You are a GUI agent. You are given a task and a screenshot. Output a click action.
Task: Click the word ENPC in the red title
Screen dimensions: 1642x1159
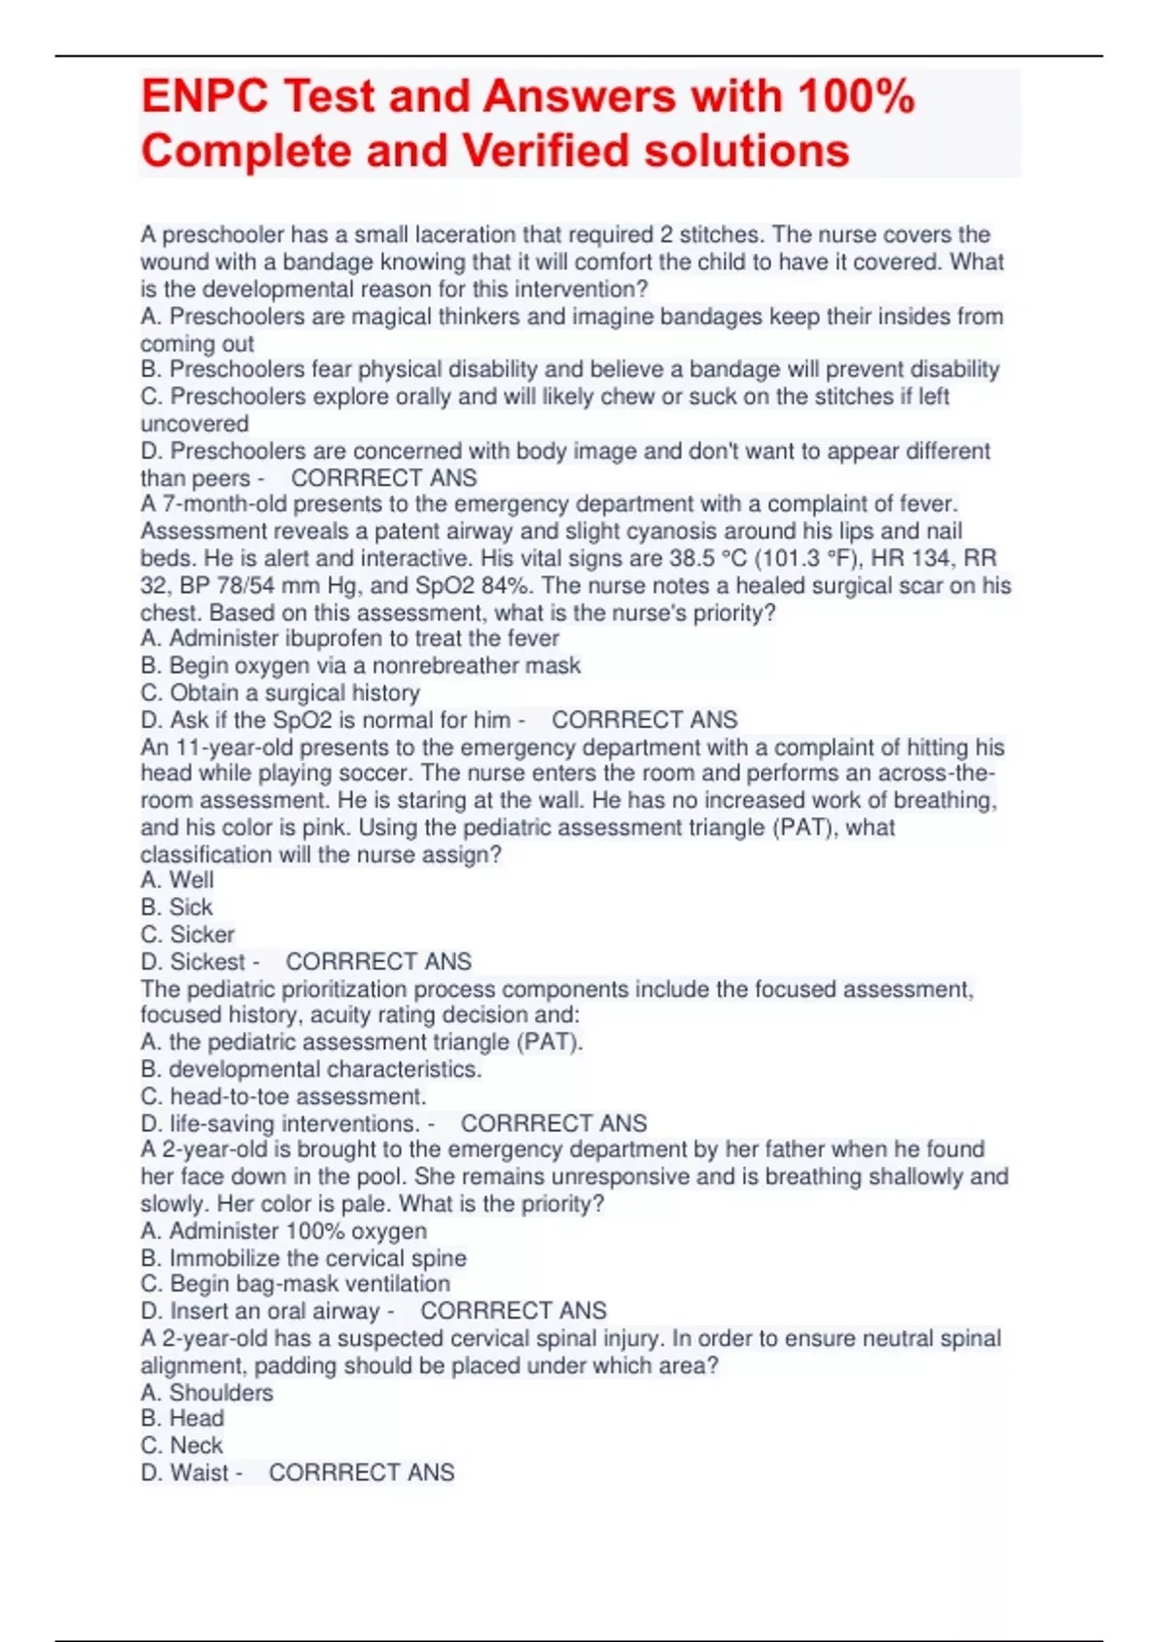pos(204,97)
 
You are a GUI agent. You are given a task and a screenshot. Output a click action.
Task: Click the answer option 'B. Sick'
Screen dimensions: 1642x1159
pos(177,907)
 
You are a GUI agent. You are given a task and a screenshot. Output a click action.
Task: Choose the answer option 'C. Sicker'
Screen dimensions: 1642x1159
pos(187,934)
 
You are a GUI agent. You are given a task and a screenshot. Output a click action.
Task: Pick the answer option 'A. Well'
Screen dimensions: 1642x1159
pos(178,880)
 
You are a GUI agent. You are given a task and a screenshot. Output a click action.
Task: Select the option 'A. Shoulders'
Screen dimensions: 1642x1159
pos(207,1393)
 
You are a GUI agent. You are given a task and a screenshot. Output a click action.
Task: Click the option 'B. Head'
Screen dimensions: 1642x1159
pos(183,1418)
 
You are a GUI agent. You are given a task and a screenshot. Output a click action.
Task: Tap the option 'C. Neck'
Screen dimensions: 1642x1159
pos(182,1445)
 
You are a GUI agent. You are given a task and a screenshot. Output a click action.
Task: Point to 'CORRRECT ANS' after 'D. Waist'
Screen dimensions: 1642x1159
pos(361,1472)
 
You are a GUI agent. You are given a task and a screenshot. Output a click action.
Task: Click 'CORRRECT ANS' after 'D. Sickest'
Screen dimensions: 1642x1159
pos(379,961)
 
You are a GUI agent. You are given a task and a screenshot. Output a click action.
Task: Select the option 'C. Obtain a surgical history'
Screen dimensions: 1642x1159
pos(280,693)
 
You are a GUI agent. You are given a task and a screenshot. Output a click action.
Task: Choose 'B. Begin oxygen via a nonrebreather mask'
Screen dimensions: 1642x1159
pos(360,665)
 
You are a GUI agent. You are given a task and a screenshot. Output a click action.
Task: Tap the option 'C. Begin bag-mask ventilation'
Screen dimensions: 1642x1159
pos(296,1284)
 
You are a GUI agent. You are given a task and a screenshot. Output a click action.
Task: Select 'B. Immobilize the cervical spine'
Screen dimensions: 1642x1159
pos(303,1258)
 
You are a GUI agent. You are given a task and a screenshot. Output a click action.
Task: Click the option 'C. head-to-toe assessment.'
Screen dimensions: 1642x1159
pos(283,1096)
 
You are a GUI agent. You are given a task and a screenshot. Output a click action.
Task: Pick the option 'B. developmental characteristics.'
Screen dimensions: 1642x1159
pos(311,1069)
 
